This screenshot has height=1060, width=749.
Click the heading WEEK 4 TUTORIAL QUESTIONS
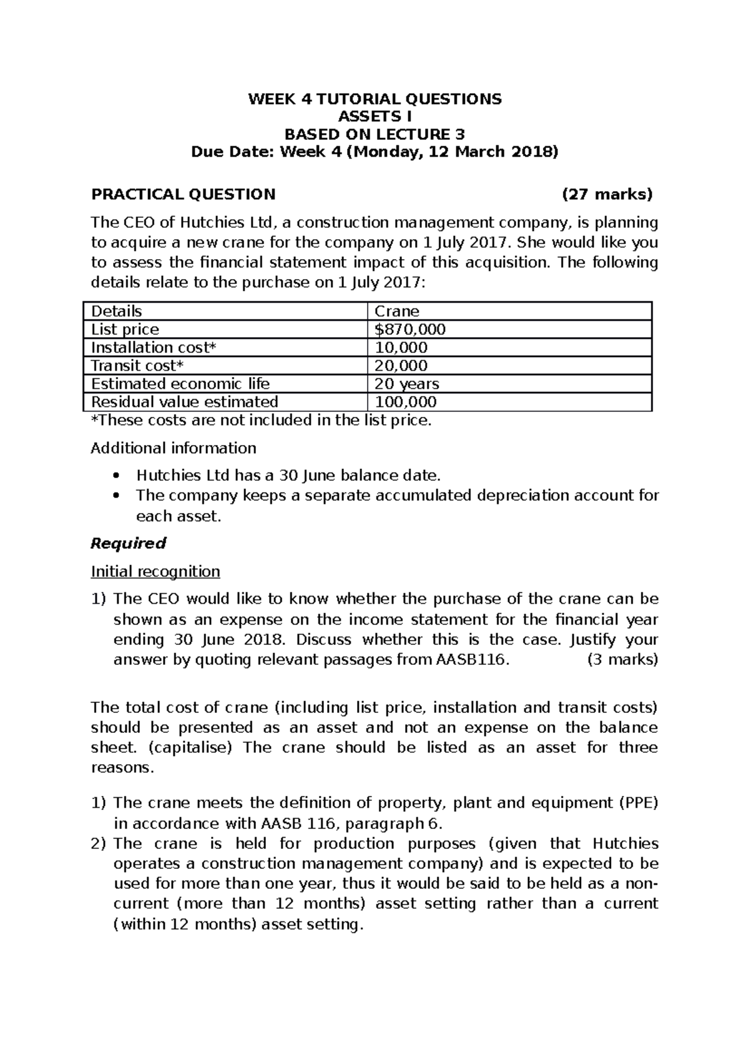[374, 99]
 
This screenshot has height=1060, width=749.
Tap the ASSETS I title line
[374, 116]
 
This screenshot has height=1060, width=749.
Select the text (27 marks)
[607, 194]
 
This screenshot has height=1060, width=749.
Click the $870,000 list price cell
[409, 329]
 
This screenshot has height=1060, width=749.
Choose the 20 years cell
[406, 383]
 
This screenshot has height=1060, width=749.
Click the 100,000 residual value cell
[405, 401]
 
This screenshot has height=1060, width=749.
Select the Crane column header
[396, 311]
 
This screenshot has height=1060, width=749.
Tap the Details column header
[117, 311]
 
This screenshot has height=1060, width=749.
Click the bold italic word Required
[128, 543]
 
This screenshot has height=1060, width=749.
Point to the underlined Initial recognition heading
[155, 571]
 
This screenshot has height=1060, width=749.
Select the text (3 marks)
[622, 659]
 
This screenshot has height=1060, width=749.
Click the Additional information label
[174, 448]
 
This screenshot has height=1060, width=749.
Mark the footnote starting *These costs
[261, 420]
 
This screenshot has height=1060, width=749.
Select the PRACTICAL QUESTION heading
[183, 194]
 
